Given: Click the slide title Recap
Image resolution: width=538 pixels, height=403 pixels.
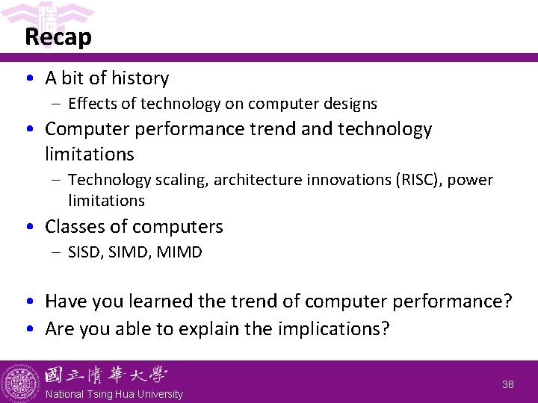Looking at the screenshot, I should pyautogui.click(x=58, y=37).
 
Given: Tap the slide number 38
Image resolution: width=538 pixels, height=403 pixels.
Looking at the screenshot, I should pyautogui.click(x=507, y=384).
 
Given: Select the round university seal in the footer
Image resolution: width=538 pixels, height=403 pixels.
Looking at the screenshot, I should pyautogui.click(x=21, y=382).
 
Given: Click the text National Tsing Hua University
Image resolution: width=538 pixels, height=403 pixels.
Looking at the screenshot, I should pyautogui.click(x=114, y=394).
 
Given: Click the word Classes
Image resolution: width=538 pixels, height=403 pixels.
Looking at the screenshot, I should pyautogui.click(x=74, y=226).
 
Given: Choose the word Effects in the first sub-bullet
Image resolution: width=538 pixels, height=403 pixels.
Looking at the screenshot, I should pyautogui.click(x=92, y=104).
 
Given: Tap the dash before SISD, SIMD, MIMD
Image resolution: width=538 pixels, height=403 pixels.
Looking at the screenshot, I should pyautogui.click(x=57, y=252).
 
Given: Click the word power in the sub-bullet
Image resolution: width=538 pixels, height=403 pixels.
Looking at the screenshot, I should pyautogui.click(x=471, y=180).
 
